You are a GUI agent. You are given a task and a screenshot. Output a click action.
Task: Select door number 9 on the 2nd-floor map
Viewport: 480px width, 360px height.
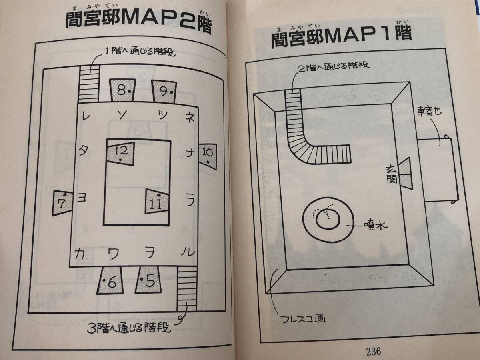pos(164,91)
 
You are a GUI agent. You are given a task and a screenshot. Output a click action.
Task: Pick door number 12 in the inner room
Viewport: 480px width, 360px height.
pos(121,153)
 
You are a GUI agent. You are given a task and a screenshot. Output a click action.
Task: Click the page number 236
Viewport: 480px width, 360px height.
pos(373,351)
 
